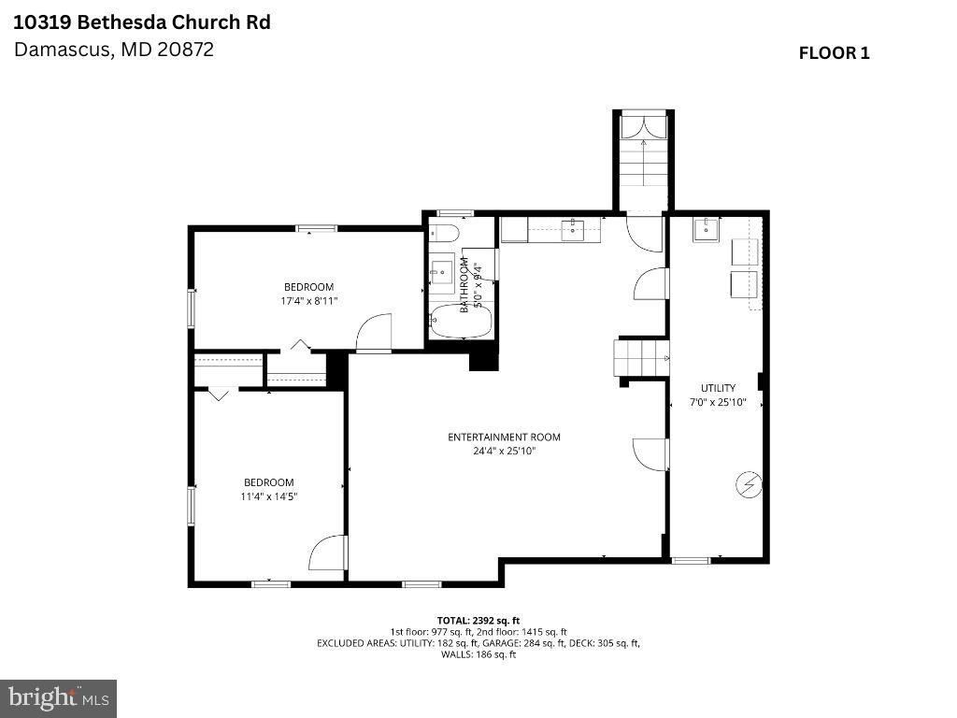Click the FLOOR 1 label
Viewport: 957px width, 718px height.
pos(834,53)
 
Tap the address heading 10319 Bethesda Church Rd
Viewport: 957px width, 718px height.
pos(142,22)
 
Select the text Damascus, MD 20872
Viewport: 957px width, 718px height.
pos(114,50)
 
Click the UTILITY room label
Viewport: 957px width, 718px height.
pos(718,388)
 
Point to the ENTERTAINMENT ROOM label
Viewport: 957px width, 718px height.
pos(504,437)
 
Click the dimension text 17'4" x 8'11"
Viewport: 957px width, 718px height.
pos(308,301)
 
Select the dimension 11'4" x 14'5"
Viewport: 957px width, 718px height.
pos(268,496)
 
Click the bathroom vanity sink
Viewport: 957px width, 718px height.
pos(441,272)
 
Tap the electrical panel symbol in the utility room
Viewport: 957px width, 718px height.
pos(749,484)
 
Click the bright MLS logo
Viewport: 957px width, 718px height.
pos(58,697)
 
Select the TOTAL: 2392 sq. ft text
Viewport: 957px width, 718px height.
pos(478,620)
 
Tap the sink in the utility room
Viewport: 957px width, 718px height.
pos(706,227)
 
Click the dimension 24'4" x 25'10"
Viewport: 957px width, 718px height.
pos(504,452)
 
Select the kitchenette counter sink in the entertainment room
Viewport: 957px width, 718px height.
pos(573,228)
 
